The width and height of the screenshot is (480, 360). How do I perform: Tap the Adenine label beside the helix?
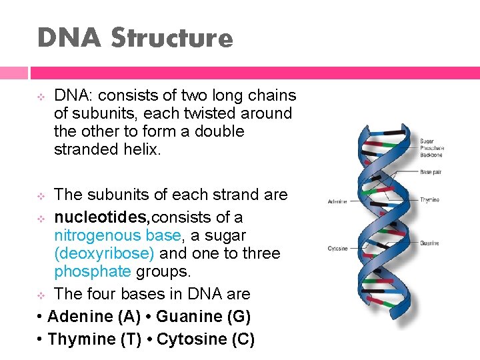tap(336, 201)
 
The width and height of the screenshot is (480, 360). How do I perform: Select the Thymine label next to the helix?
tap(430, 199)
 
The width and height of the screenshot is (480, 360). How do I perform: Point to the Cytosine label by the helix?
tap(337, 249)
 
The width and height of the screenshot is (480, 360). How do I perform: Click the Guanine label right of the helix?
tap(430, 243)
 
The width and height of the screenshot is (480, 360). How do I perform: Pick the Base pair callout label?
tap(430, 171)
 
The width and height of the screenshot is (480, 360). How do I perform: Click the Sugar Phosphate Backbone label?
tap(431, 148)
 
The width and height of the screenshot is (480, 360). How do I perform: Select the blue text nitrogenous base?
tap(117, 235)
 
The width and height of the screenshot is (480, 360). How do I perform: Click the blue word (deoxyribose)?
tap(105, 253)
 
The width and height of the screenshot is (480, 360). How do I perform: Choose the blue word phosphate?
tap(93, 271)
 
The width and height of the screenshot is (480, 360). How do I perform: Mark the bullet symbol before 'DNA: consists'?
tap(40, 97)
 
